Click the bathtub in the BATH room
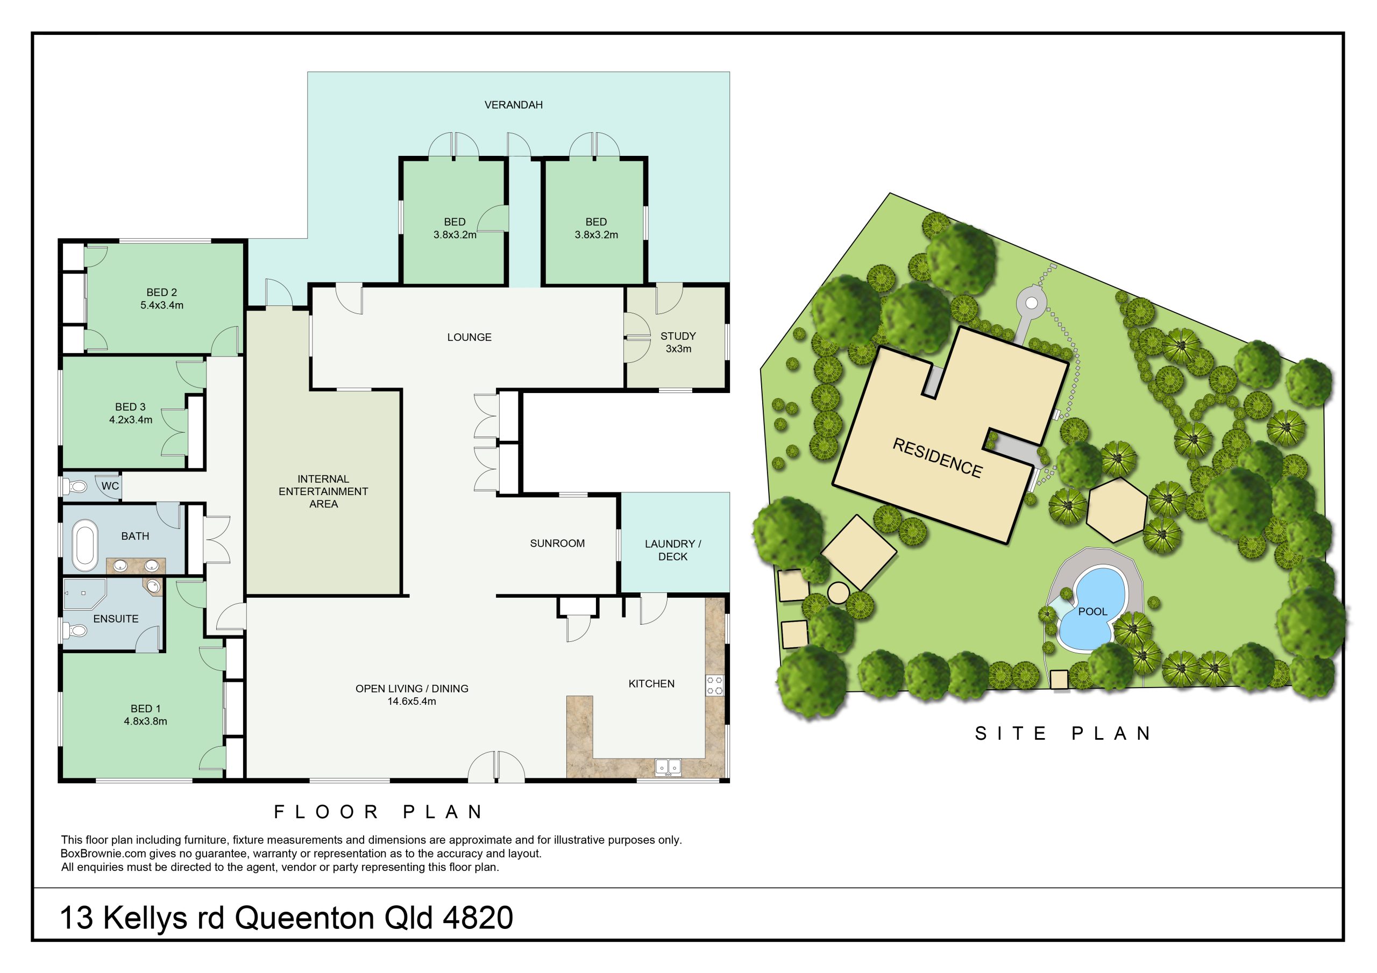point(84,545)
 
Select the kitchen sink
point(668,767)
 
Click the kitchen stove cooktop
point(714,685)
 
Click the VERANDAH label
point(513,105)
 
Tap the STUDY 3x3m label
point(678,342)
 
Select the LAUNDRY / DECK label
point(672,550)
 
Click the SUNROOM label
point(557,543)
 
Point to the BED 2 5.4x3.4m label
point(162,298)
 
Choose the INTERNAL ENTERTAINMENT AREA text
point(323,491)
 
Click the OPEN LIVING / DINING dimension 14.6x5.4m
point(411,702)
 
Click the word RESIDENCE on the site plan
point(938,458)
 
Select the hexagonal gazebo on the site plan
point(1117,510)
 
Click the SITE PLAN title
point(1063,733)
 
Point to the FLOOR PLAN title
point(379,812)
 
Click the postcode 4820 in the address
point(478,918)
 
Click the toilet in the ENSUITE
point(74,630)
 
